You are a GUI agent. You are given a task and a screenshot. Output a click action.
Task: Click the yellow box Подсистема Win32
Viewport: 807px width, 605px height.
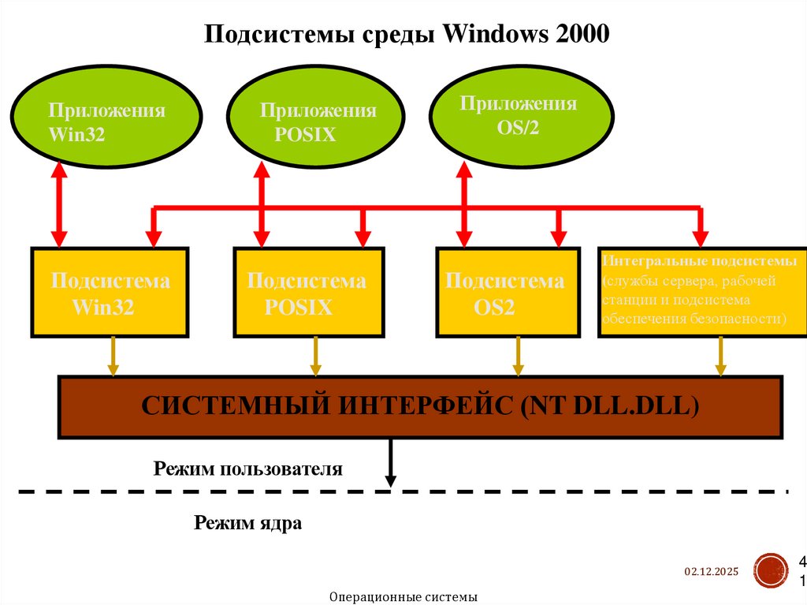pyautogui.click(x=110, y=293)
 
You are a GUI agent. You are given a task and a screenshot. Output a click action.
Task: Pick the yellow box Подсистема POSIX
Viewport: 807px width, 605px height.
pyautogui.click(x=309, y=293)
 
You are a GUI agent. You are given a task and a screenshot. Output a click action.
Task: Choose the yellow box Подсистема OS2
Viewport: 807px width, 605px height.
pyautogui.click(x=511, y=293)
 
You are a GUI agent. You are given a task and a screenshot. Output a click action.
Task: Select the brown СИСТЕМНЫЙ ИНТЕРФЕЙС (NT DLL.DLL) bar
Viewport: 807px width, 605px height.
pyautogui.click(x=421, y=406)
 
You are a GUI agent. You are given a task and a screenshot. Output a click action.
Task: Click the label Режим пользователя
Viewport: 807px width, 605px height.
pyautogui.click(x=248, y=469)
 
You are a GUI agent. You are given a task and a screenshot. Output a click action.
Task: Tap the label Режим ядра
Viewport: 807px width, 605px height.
pyautogui.click(x=247, y=522)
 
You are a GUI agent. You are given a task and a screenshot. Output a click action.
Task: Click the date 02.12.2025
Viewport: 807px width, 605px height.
pyautogui.click(x=711, y=572)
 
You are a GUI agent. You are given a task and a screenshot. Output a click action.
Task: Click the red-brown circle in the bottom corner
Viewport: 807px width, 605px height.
pyautogui.click(x=769, y=570)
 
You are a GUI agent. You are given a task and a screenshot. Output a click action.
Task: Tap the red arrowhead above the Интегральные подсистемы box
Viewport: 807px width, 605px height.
pyautogui.click(x=699, y=237)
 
